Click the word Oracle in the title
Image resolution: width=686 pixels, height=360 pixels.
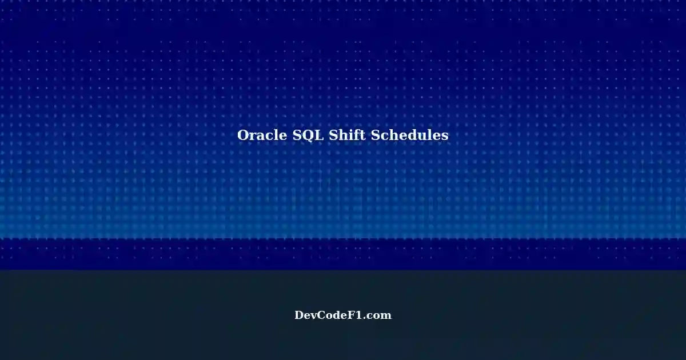tap(262, 135)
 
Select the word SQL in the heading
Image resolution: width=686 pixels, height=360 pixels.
tap(308, 135)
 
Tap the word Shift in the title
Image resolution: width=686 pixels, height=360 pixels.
tap(348, 135)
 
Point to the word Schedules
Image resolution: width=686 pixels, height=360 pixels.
tap(410, 135)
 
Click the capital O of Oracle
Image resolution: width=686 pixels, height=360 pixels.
tap(242, 135)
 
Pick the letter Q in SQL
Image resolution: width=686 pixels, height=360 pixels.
tap(307, 136)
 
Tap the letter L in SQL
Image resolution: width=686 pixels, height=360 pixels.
tap(319, 135)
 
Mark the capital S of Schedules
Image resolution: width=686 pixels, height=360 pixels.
tap(375, 135)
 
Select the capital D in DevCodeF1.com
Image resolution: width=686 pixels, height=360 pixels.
tap(300, 315)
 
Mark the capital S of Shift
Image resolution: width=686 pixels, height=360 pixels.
tap(333, 135)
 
